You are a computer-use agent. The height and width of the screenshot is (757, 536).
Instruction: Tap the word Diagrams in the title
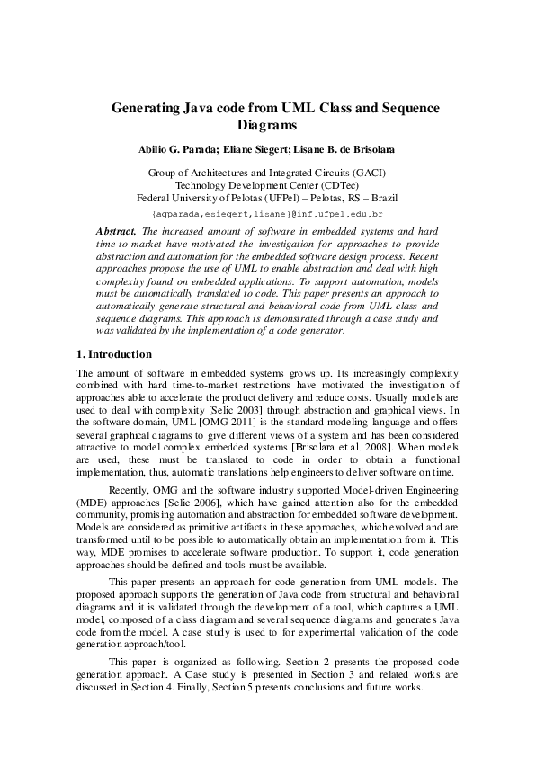267,126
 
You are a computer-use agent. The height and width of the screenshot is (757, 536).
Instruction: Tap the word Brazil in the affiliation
381,198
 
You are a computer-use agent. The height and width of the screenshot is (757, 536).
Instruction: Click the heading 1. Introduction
114,355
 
